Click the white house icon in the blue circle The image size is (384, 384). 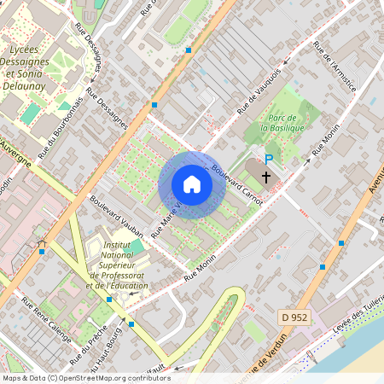[192, 184]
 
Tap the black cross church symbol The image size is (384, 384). [266, 177]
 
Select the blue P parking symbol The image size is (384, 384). [270, 160]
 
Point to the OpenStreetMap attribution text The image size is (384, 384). [86, 378]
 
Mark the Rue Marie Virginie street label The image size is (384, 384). [167, 218]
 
